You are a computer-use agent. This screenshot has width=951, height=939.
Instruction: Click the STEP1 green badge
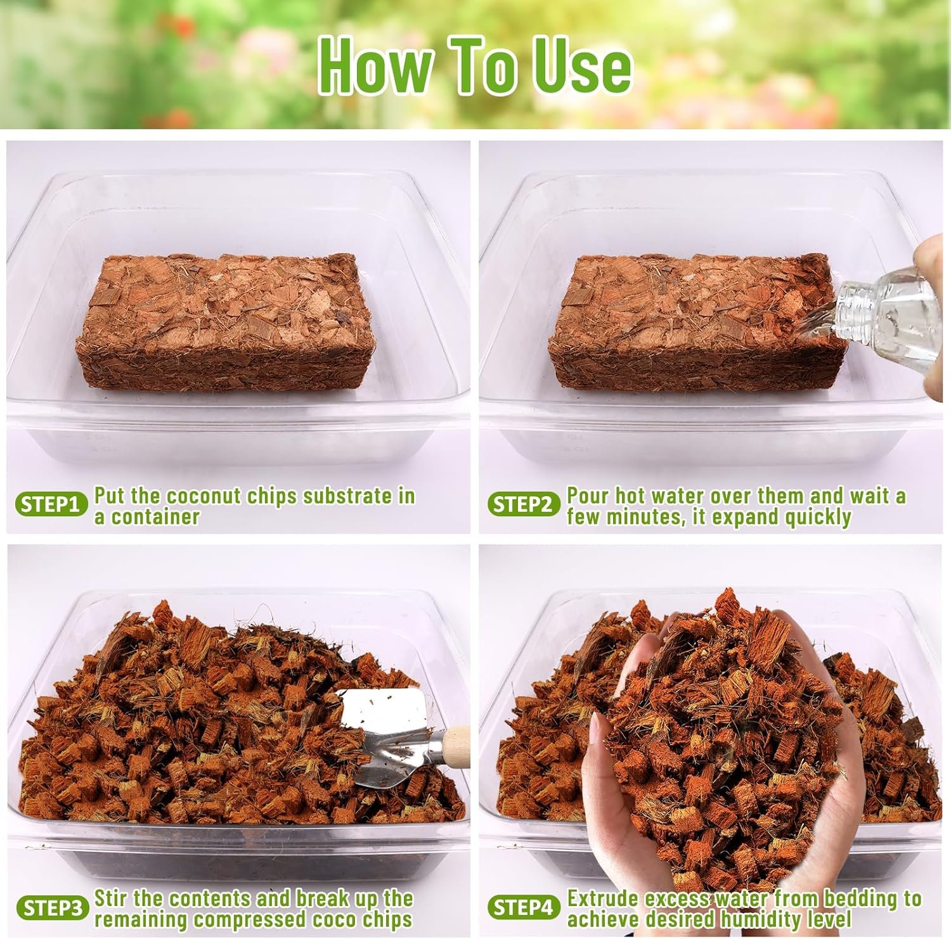51,505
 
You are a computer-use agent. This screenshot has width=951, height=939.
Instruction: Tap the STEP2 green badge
524,505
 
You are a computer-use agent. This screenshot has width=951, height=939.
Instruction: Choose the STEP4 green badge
524,908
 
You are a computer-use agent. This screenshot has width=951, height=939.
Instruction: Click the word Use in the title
584,66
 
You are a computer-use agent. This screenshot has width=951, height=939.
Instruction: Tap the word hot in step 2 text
630,496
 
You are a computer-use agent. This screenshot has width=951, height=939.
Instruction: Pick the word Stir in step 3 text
112,899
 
